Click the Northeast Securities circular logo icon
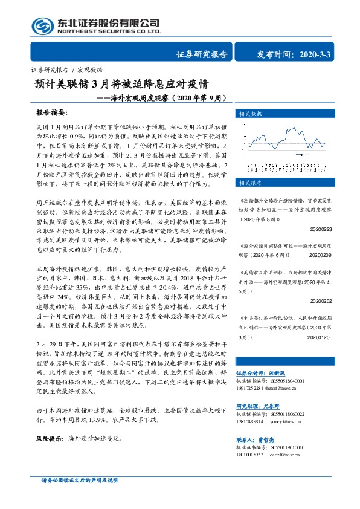[42, 25]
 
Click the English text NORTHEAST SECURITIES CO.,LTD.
[109, 30]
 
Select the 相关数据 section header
[249, 113]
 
